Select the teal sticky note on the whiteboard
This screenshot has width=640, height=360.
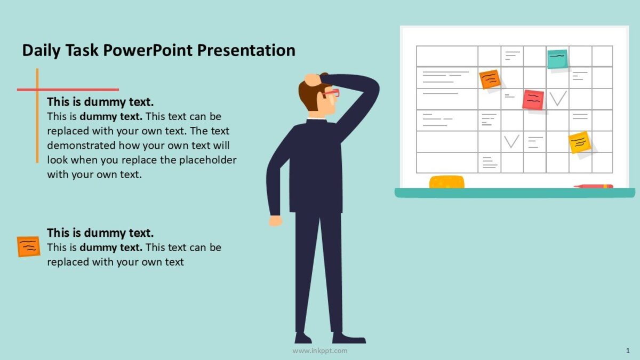click(x=557, y=59)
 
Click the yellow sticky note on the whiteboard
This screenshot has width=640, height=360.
click(x=580, y=142)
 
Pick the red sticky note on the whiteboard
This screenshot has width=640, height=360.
click(x=533, y=100)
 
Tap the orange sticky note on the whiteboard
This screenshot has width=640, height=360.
click(x=490, y=79)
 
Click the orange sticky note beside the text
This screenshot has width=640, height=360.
click(x=28, y=246)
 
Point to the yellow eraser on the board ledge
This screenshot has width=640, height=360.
click(x=447, y=182)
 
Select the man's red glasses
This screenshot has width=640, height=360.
click(x=331, y=94)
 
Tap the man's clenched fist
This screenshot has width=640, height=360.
click(x=275, y=220)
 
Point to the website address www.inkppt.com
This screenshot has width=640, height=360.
click(x=320, y=350)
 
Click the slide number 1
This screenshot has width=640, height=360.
click(x=627, y=350)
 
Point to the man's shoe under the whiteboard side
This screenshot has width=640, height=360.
click(x=349, y=338)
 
